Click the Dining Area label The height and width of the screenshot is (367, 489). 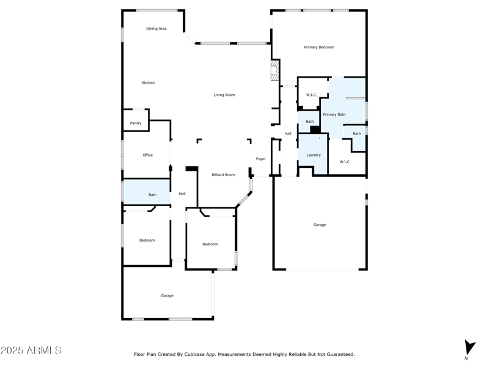pyautogui.click(x=156, y=29)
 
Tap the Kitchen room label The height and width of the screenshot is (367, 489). pyautogui.click(x=148, y=83)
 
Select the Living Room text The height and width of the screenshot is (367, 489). pyautogui.click(x=224, y=95)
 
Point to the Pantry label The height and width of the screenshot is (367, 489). pyautogui.click(x=136, y=124)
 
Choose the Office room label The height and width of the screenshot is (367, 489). pyautogui.click(x=147, y=155)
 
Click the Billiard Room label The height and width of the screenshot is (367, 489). pyautogui.click(x=223, y=175)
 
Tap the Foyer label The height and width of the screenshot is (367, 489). pyautogui.click(x=261, y=159)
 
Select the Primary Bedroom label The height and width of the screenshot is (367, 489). pyautogui.click(x=319, y=47)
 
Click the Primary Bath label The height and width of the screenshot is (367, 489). pyautogui.click(x=334, y=114)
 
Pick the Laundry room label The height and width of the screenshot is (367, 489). pyautogui.click(x=314, y=155)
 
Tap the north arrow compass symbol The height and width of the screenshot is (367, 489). pyautogui.click(x=469, y=348)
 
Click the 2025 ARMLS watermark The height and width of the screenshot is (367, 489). pyautogui.click(x=31, y=350)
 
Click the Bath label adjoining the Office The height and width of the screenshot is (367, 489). pyautogui.click(x=152, y=195)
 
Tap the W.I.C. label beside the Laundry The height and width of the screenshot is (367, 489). pyautogui.click(x=345, y=161)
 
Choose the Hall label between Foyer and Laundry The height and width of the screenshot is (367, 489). pyautogui.click(x=287, y=133)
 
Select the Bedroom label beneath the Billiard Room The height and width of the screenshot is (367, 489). pyautogui.click(x=210, y=245)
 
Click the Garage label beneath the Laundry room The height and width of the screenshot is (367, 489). pyautogui.click(x=320, y=225)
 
